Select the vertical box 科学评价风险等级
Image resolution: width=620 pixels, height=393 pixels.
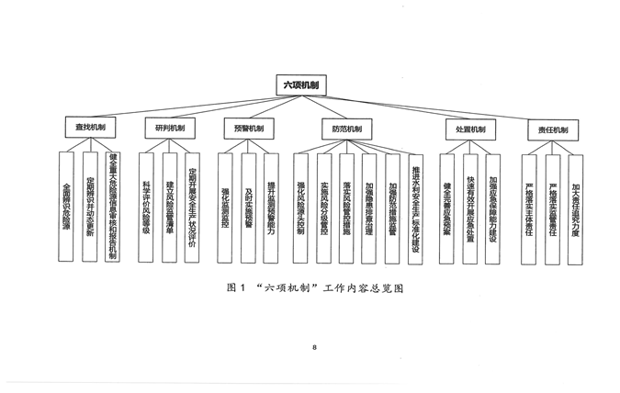pos(146,204)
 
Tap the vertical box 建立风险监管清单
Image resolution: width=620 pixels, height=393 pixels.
pos(169,204)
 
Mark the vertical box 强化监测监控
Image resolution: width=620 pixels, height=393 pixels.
pos(225,204)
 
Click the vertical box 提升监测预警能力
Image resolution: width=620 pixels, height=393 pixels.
pos(271,204)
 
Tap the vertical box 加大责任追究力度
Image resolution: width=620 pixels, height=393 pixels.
pos(575,204)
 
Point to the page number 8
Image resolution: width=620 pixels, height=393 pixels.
pos(314,347)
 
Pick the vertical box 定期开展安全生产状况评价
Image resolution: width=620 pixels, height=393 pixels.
pos(192,204)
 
